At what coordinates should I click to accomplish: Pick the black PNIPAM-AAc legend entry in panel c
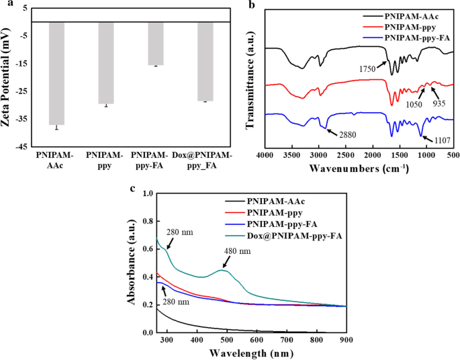(277, 201)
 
